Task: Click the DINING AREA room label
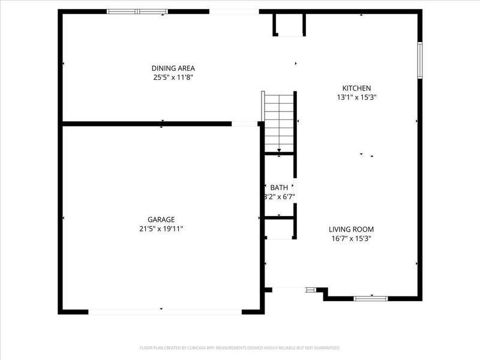point(173,68)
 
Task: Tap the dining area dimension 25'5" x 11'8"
point(173,77)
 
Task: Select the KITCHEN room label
point(356,88)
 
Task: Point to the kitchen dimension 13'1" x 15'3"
point(356,97)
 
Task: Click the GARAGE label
point(161,220)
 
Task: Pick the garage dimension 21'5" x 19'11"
point(161,229)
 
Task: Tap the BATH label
point(279,188)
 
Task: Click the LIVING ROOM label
point(351,229)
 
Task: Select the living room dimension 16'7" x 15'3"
point(351,238)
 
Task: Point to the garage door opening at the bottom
point(165,311)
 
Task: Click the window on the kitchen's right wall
point(420,60)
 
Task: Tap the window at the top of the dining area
point(137,11)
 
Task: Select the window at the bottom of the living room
point(370,298)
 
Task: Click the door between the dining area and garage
point(244,124)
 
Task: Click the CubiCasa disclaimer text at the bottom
point(240,347)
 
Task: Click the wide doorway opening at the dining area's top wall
point(234,11)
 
